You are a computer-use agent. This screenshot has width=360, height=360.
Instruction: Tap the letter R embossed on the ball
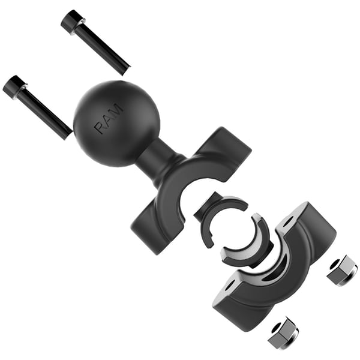100,128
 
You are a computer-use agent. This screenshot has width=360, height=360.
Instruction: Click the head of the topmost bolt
73,22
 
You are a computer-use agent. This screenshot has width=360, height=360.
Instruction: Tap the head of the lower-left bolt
14,86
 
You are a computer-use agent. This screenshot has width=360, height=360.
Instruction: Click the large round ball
117,123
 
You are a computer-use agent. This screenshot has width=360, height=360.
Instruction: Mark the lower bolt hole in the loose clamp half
229,287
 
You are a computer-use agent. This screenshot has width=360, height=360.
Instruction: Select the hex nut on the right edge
342,270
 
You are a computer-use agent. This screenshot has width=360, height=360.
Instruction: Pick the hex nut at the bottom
283,333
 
